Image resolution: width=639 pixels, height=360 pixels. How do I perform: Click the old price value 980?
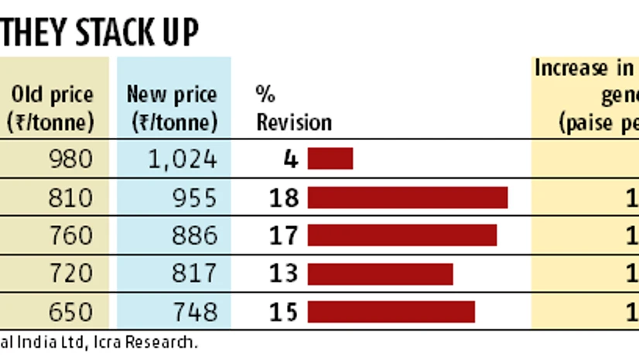(70, 159)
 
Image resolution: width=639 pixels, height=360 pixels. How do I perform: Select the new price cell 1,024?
(182, 159)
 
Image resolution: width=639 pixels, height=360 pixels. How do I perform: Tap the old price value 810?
(70, 197)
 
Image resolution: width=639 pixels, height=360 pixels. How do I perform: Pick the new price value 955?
(193, 197)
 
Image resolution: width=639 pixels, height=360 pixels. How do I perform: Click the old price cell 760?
(70, 235)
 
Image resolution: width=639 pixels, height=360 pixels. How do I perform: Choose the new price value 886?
(193, 235)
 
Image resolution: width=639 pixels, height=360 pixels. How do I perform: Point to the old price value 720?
(70, 273)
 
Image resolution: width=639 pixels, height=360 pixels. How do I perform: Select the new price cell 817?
(193, 273)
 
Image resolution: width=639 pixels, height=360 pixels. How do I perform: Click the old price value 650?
(70, 311)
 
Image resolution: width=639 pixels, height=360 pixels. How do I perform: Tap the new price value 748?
(193, 311)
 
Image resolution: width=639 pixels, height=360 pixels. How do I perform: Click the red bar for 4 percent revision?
(330, 159)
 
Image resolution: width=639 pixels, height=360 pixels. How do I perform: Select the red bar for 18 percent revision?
(408, 197)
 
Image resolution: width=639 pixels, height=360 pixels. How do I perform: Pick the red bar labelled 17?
(402, 235)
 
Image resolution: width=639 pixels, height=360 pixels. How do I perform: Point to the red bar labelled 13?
(380, 274)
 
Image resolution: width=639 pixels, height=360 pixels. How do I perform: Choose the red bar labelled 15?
(391, 311)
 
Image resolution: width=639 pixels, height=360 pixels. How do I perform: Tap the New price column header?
(173, 108)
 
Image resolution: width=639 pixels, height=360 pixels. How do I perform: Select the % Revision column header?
(294, 108)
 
